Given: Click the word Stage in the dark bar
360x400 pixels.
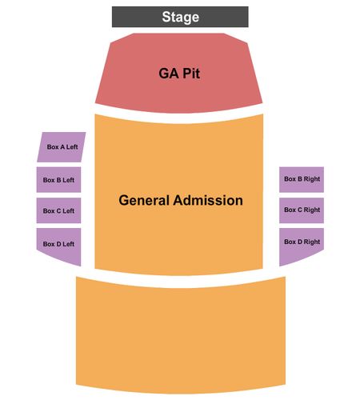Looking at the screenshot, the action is (181, 17).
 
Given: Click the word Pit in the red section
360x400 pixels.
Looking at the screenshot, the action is (191, 74).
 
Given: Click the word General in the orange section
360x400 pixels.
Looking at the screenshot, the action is (144, 200).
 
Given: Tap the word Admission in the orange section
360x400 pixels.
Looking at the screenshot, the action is (208, 200).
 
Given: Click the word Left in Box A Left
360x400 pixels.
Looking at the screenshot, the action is (72, 147).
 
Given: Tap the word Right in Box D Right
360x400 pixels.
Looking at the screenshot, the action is (312, 242).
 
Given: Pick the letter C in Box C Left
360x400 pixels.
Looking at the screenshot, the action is (58, 211).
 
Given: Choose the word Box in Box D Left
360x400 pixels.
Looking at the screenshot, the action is (49, 244).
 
